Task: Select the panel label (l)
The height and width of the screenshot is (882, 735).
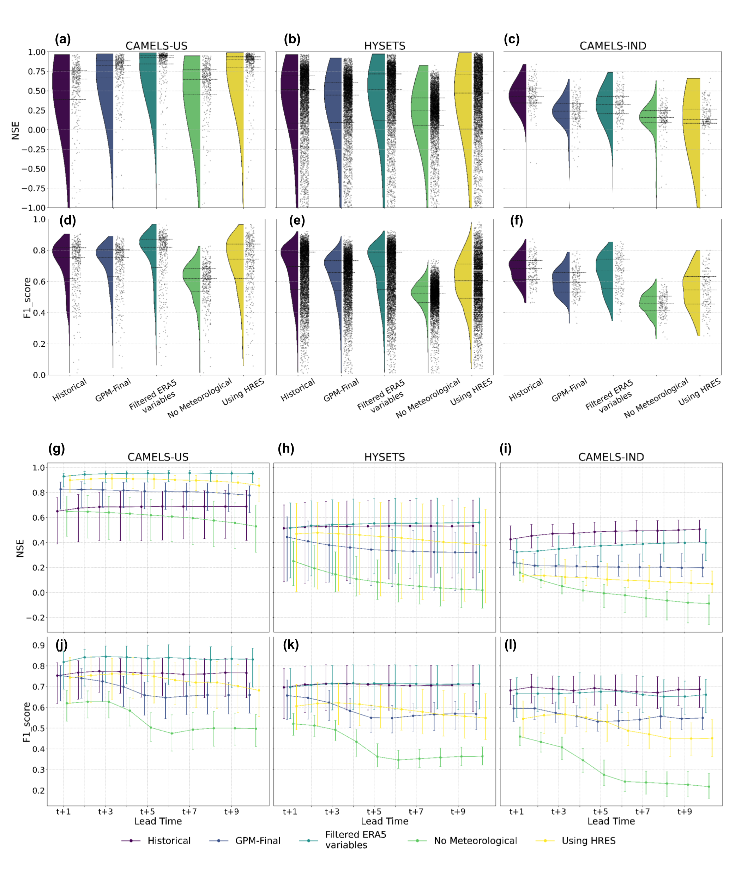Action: pyautogui.click(x=510, y=645)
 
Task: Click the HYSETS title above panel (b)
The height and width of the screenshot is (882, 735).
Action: pyautogui.click(x=384, y=46)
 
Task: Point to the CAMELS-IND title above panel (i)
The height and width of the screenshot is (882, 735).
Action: pyautogui.click(x=611, y=457)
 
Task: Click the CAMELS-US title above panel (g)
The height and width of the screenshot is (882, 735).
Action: pyautogui.click(x=158, y=457)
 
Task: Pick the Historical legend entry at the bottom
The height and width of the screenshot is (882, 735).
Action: pyautogui.click(x=169, y=840)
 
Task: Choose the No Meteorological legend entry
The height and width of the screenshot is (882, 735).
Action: pyautogui.click(x=475, y=840)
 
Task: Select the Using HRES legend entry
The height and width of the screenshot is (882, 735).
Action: pyautogui.click(x=589, y=840)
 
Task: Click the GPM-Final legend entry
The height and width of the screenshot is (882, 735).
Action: pyautogui.click(x=258, y=840)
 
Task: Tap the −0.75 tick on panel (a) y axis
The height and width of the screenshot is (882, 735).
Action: pyautogui.click(x=34, y=188)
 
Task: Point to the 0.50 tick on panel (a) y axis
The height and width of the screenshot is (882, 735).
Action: pyautogui.click(x=37, y=91)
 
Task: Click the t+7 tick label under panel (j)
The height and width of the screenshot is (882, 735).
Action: pyautogui.click(x=189, y=811)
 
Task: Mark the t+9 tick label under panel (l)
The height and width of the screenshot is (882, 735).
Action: pyautogui.click(x=684, y=811)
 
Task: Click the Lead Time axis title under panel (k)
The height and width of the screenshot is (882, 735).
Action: pyautogui.click(x=384, y=821)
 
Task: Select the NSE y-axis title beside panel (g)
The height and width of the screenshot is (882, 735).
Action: pyautogui.click(x=20, y=549)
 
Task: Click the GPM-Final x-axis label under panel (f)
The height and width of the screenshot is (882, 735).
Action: pyautogui.click(x=569, y=390)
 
